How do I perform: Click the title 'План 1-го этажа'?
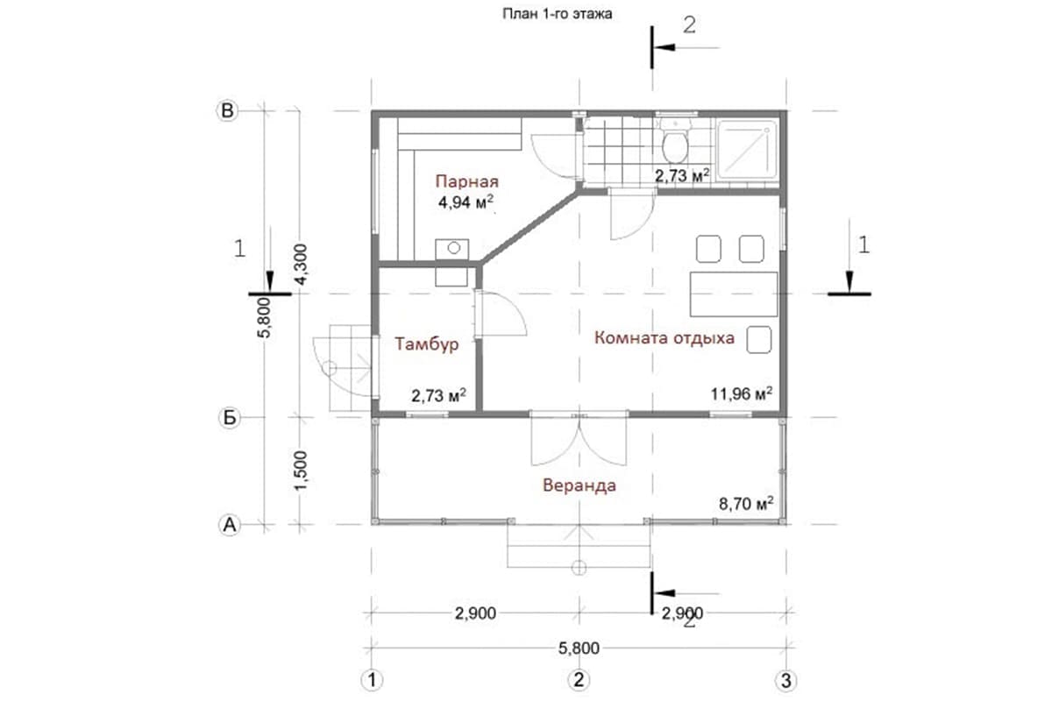pos(557,14)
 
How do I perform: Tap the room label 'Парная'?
pos(466,181)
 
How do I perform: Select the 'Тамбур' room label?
pos(426,344)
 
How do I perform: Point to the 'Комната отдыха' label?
pos(665,338)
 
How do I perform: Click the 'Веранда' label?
pos(579,485)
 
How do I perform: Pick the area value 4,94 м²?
pos(466,202)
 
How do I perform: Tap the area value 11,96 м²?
pos(741,393)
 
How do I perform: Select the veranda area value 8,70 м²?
pos(746,504)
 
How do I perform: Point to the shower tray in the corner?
pos(748,149)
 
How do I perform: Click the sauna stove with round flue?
pos(451,249)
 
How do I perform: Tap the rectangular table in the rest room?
pos(733,294)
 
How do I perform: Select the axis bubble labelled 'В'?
pos(227,110)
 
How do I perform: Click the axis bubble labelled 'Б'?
pos(229,417)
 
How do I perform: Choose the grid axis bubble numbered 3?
pos(785,680)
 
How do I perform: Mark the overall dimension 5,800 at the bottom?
pos(579,648)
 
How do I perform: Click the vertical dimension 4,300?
pos(300,264)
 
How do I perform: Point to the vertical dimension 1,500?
pos(300,471)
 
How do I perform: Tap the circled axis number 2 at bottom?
pos(578,679)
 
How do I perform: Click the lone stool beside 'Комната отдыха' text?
pos(759,339)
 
